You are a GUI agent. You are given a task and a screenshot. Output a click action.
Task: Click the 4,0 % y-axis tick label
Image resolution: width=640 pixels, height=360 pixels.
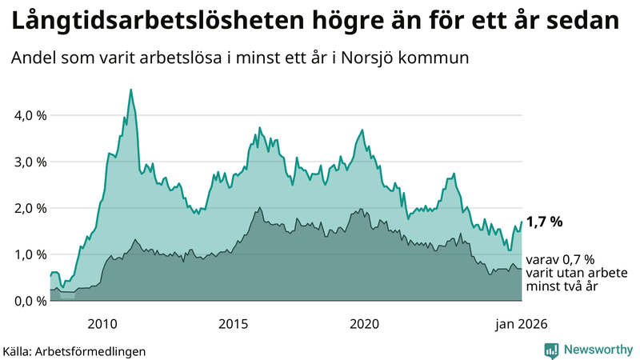30,115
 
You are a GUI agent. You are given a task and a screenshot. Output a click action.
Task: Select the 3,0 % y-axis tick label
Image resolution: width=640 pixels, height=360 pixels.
30,162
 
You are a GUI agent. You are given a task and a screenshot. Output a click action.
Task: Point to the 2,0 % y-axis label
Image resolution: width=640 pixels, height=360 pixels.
30,208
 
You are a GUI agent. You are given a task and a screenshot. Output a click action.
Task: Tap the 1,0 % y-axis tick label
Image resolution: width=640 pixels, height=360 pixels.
30,254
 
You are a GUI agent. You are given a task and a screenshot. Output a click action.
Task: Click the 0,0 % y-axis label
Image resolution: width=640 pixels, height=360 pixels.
30,301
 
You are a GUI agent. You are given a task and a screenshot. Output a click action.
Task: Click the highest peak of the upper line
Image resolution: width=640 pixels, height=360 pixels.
131,90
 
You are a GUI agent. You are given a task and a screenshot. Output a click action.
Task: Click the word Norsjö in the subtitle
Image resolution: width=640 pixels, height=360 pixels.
376,58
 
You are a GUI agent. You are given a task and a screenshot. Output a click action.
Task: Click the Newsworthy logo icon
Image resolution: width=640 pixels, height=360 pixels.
551,350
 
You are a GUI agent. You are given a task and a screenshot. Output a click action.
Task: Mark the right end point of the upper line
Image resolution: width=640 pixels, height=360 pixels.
522,222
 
